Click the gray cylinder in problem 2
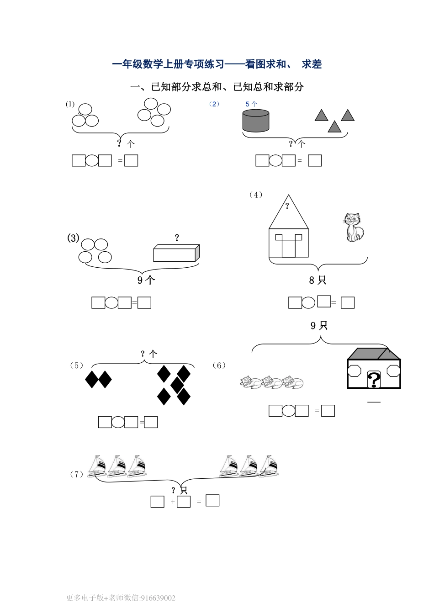click(x=255, y=121)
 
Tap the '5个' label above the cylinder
click(x=251, y=104)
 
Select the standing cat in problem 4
click(x=353, y=227)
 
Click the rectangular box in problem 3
click(x=176, y=253)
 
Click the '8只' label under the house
click(x=318, y=280)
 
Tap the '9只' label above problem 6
click(x=319, y=326)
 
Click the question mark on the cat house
click(x=374, y=380)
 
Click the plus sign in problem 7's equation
click(x=173, y=502)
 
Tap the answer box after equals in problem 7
click(x=212, y=501)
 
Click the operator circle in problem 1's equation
click(x=92, y=161)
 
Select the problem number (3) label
click(x=73, y=238)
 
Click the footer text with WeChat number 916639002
click(x=121, y=598)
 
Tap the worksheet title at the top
click(x=217, y=64)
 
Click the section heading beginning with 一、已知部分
click(x=217, y=87)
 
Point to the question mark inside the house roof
click(x=287, y=206)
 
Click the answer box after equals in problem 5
click(x=151, y=423)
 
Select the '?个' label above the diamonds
click(x=148, y=354)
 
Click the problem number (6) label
click(x=219, y=365)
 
